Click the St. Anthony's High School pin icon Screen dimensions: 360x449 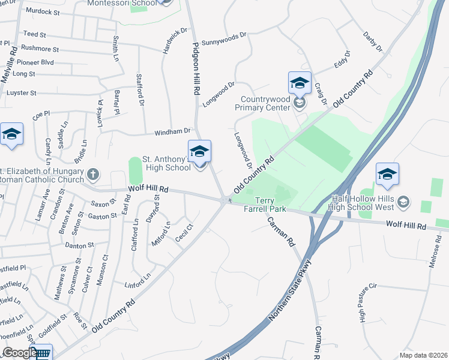(x=199, y=151)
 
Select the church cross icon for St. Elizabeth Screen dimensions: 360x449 (x=92, y=175)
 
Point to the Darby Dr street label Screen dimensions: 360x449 (x=373, y=41)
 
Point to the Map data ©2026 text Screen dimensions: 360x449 (x=423, y=355)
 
